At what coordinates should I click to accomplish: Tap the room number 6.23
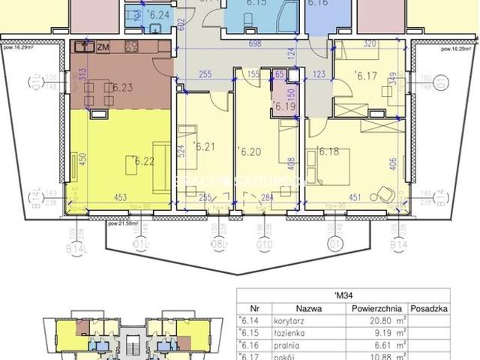click(121, 88)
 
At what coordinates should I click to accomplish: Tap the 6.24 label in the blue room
click(159, 13)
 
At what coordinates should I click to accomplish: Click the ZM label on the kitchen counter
click(101, 46)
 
